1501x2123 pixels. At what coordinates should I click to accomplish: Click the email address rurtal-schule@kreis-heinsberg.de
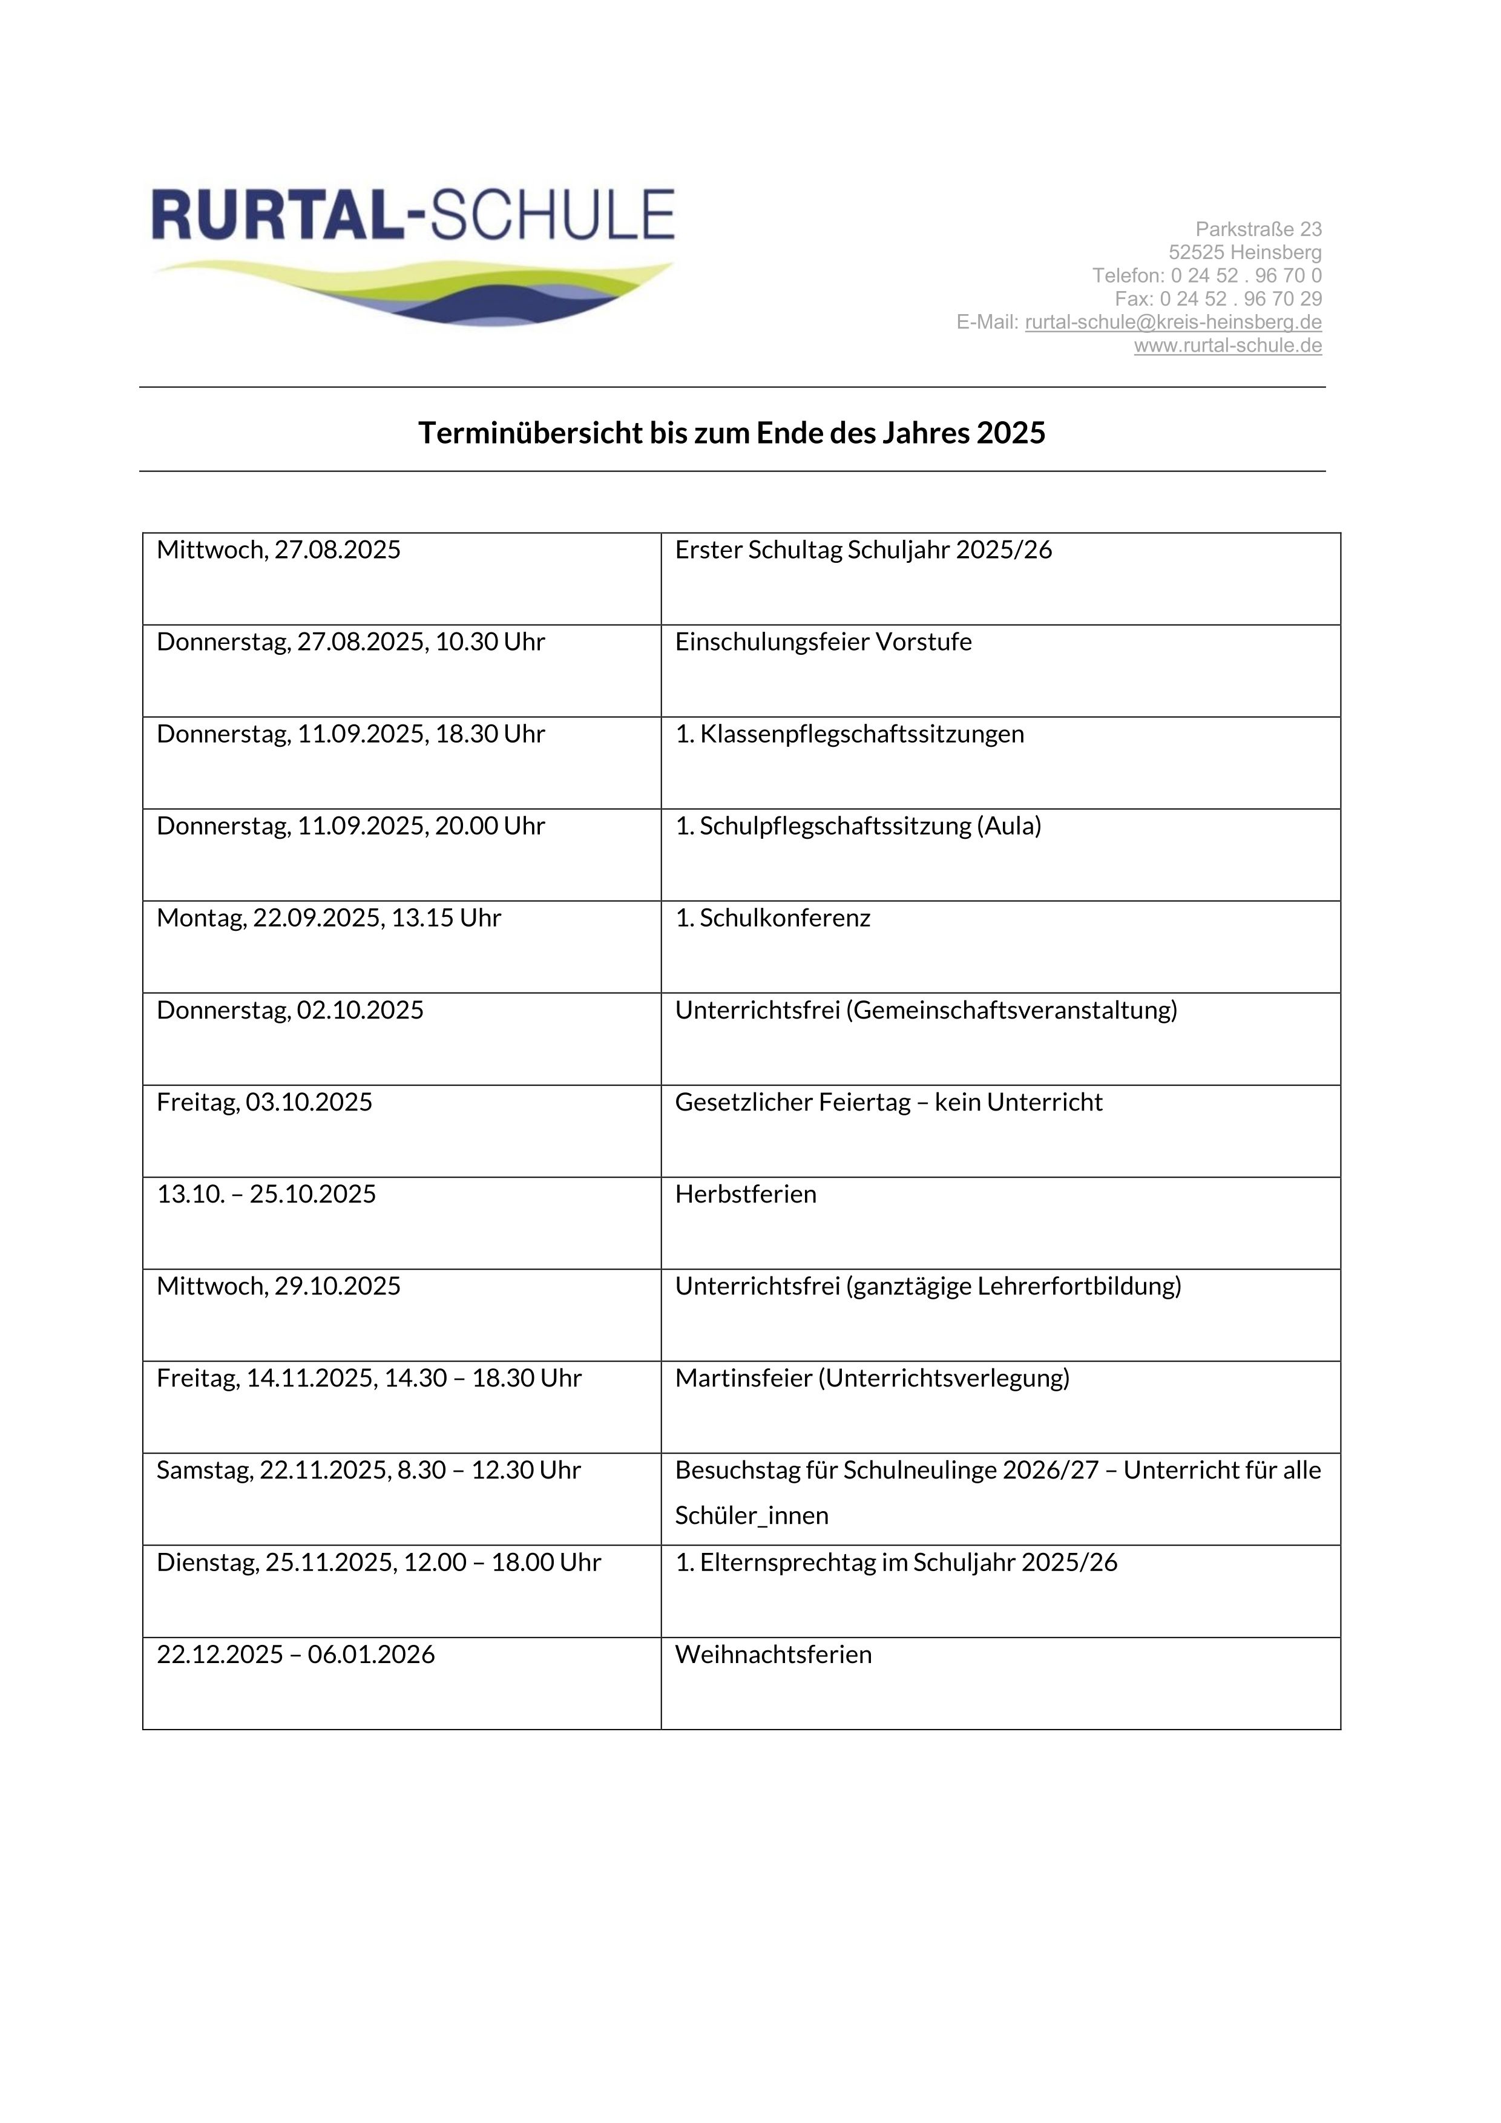(1173, 323)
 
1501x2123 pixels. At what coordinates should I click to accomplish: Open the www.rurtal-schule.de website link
(1227, 346)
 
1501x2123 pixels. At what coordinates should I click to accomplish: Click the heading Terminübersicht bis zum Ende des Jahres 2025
(732, 433)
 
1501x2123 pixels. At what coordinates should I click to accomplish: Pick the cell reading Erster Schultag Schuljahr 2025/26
(863, 550)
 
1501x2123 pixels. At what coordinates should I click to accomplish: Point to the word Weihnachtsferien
(773, 1654)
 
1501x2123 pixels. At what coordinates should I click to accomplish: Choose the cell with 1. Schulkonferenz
(772, 918)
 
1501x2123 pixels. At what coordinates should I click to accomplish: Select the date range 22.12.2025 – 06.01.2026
(295, 1654)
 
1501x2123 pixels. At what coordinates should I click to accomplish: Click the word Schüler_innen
(751, 1515)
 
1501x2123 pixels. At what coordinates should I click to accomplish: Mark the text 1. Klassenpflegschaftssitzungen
(849, 734)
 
